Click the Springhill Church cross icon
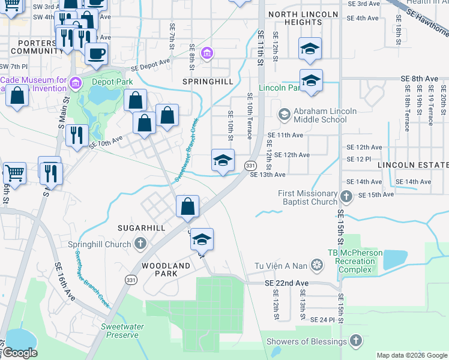pyautogui.click(x=140, y=244)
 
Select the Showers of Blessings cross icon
pyautogui.click(x=355, y=341)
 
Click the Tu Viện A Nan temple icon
pyautogui.click(x=318, y=265)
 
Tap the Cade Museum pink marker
pyautogui.click(x=75, y=82)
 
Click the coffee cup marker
pyautogui.click(x=96, y=54)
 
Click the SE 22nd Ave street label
pyautogui.click(x=286, y=283)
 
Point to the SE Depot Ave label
pyautogui.click(x=151, y=64)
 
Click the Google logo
pyautogui.click(x=20, y=353)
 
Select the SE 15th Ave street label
pyautogui.click(x=376, y=194)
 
